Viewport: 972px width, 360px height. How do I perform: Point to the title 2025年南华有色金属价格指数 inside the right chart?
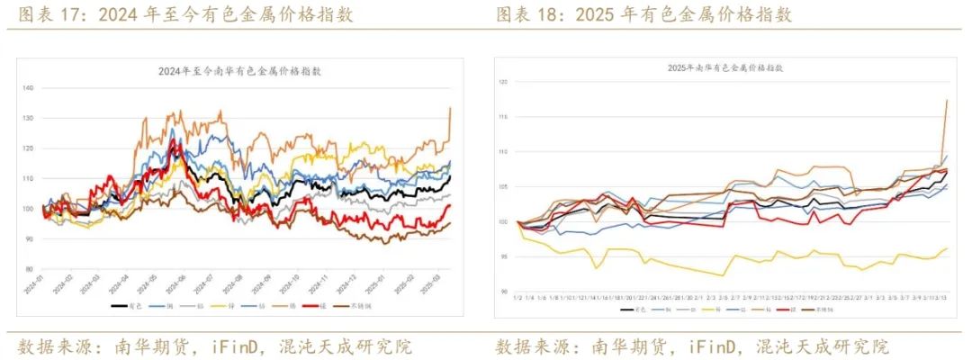(x=725, y=67)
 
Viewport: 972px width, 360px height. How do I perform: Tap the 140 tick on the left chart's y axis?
(x=28, y=88)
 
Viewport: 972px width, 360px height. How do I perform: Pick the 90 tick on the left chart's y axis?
(x=30, y=238)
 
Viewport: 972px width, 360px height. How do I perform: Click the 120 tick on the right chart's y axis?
(x=504, y=82)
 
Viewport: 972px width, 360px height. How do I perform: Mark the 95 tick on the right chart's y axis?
(x=506, y=256)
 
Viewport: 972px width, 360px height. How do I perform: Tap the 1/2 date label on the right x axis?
(x=517, y=296)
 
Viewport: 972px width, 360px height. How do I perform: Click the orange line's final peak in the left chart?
(x=450, y=108)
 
